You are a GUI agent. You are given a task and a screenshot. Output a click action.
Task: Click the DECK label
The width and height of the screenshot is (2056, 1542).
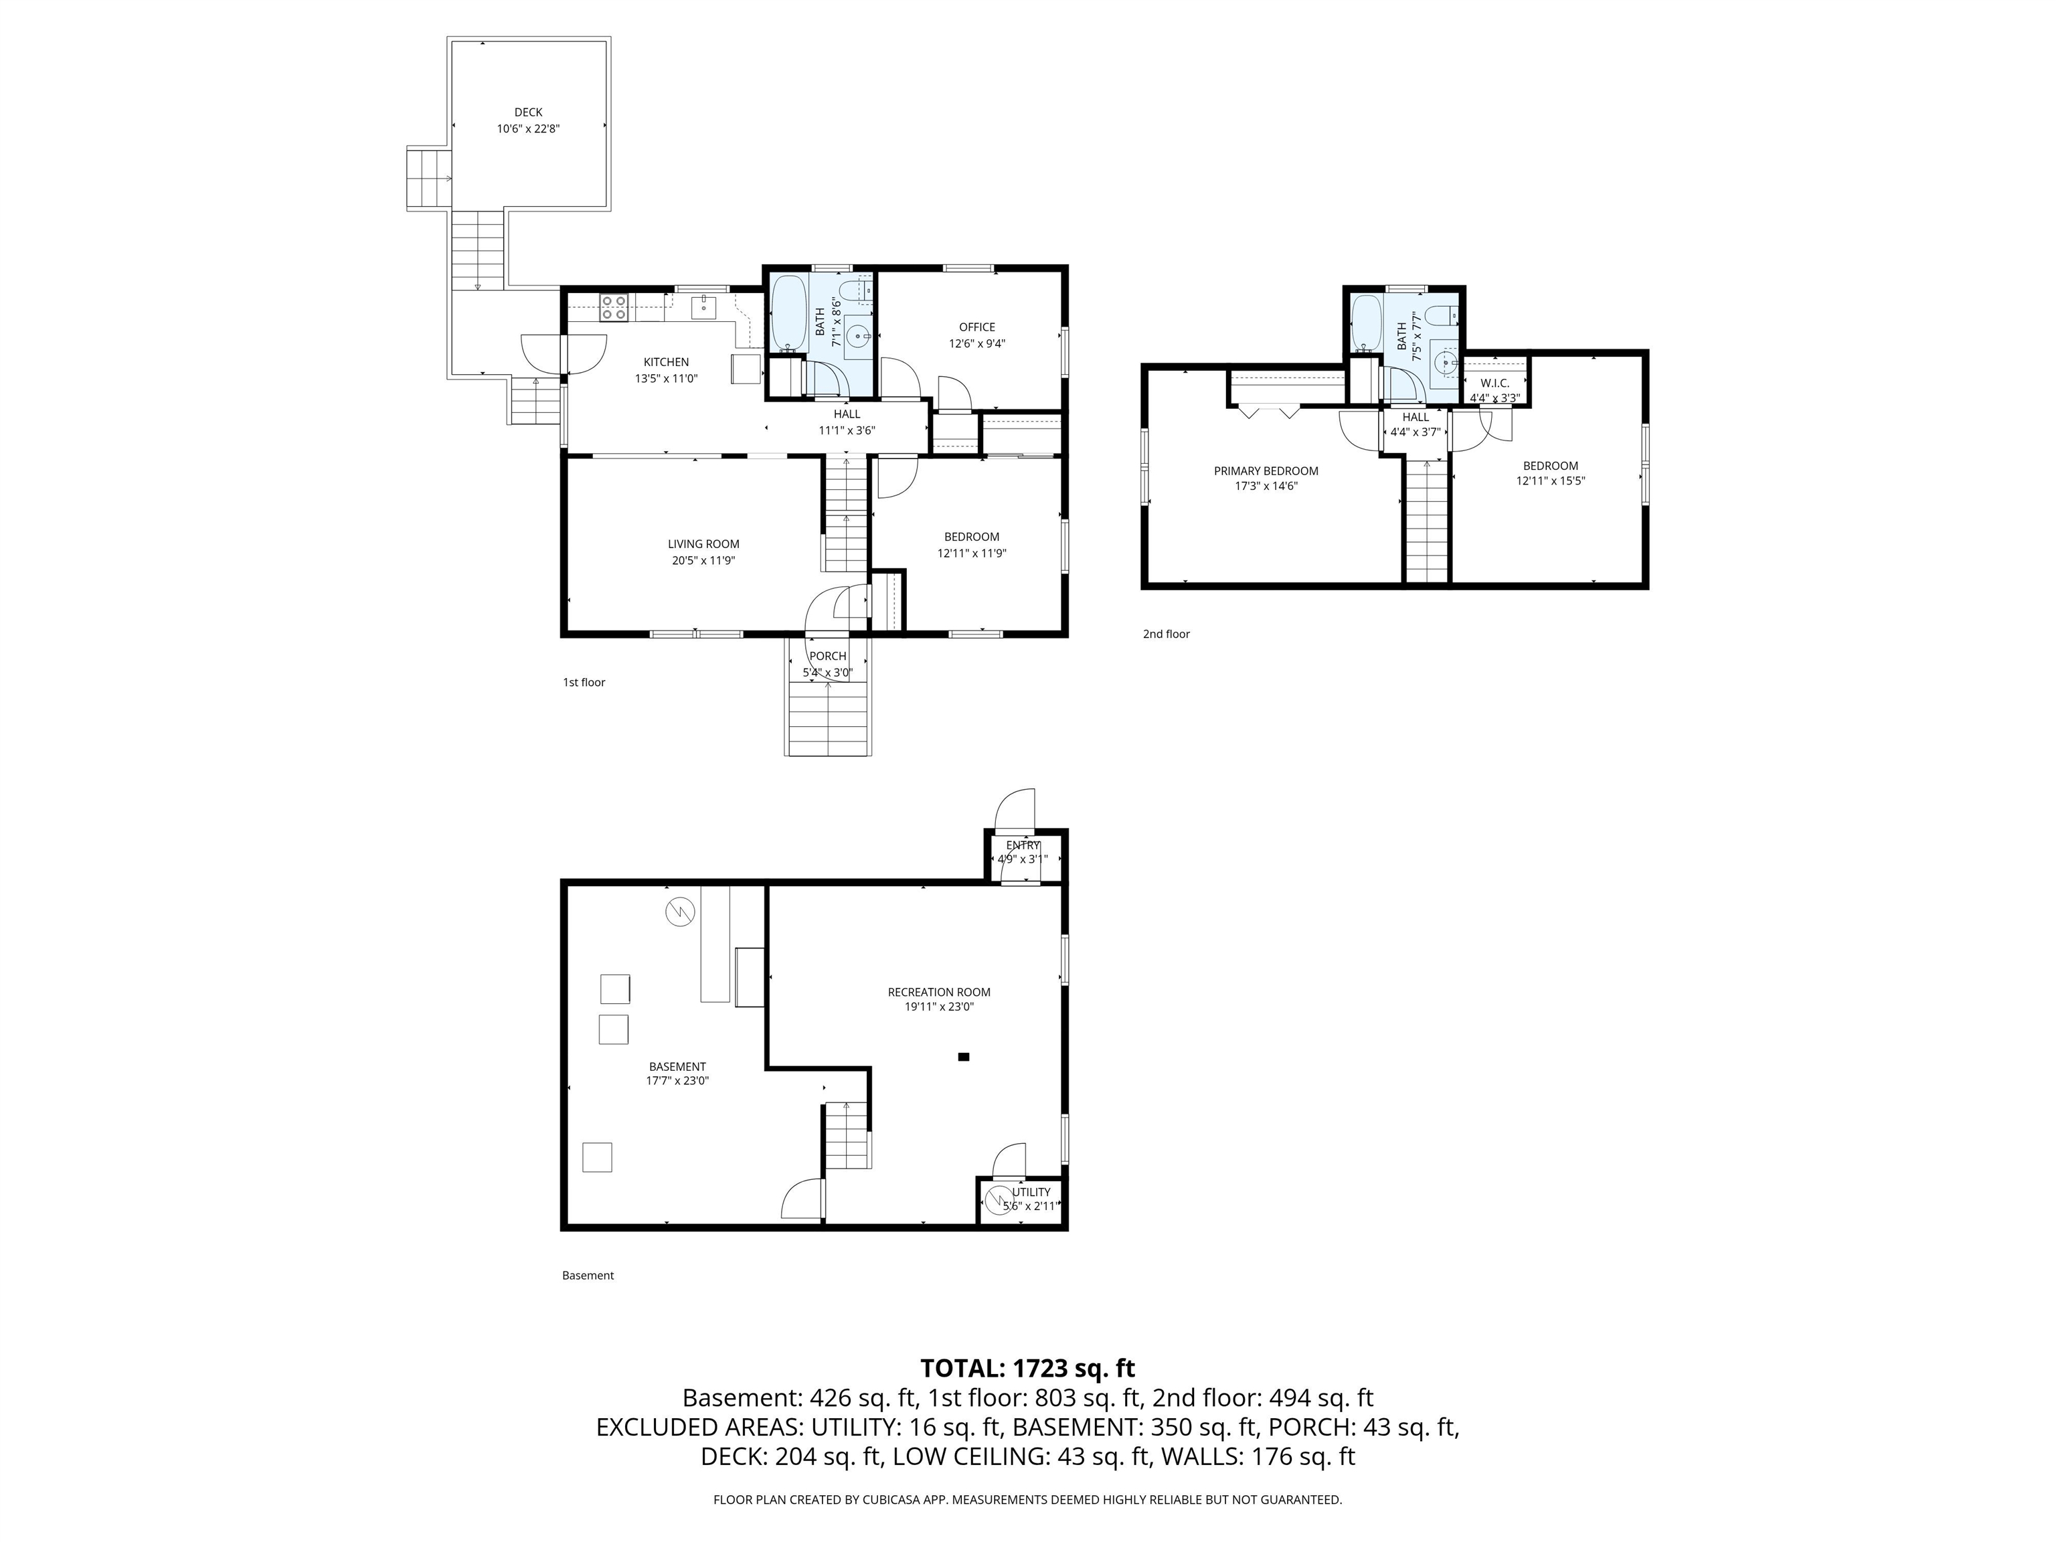(528, 112)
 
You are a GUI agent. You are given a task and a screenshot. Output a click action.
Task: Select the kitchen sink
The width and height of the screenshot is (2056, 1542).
(703, 307)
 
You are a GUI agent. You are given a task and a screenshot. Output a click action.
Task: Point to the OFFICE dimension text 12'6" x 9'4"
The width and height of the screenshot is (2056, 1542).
(977, 343)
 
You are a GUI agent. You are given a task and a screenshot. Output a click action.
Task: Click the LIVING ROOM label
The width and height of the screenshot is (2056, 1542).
(703, 543)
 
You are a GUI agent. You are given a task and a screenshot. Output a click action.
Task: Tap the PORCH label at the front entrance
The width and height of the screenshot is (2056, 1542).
(827, 656)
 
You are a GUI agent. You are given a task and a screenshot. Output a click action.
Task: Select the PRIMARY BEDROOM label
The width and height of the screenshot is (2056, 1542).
(1266, 471)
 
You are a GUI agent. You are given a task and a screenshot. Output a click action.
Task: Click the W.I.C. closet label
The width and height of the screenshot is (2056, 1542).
(1494, 383)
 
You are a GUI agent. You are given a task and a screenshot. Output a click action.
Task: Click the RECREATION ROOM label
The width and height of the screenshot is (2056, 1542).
(939, 992)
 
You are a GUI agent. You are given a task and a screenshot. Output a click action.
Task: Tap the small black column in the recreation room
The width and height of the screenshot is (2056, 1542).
(964, 1056)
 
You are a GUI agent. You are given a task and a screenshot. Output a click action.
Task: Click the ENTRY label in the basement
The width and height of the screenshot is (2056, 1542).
(1023, 845)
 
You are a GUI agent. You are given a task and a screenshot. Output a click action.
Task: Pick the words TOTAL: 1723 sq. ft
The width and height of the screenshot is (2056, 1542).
(1027, 1368)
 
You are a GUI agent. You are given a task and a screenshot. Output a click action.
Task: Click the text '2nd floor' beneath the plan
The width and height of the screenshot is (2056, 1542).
(1166, 634)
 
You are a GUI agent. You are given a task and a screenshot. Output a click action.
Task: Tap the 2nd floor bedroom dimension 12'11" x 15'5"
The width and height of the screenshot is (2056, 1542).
(1550, 481)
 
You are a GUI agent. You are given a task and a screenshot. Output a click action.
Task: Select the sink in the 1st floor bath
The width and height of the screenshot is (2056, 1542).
(859, 335)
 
